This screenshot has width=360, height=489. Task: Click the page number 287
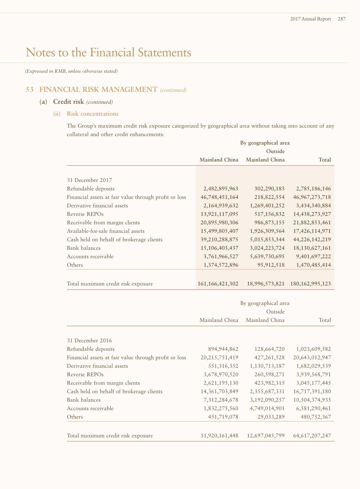[342, 19]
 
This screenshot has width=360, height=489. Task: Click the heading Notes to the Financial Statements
[108, 52]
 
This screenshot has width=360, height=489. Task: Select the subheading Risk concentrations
[93, 114]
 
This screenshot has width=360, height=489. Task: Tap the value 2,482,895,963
[221, 189]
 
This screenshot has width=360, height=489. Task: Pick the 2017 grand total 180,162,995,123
[310, 284]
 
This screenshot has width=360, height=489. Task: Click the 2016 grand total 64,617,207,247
[312, 436]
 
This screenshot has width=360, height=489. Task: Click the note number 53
[30, 90]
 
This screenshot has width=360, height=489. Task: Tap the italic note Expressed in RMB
[71, 71]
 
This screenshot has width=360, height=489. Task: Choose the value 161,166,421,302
[218, 284]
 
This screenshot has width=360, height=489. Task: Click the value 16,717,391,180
[312, 392]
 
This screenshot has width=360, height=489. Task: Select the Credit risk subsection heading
[68, 102]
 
